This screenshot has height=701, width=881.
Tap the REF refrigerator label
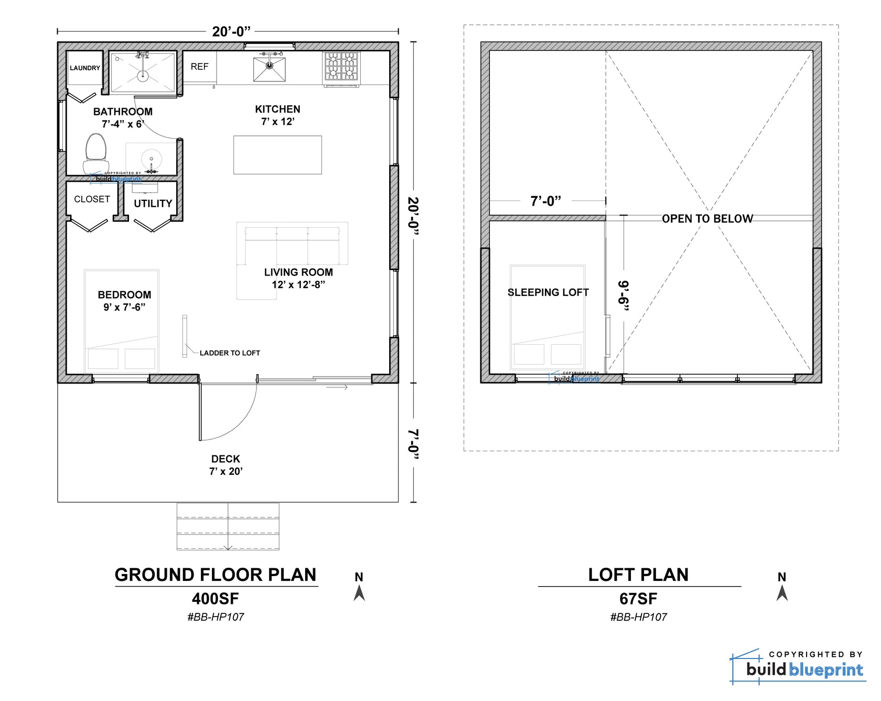pyautogui.click(x=199, y=67)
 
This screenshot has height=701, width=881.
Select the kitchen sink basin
pyautogui.click(x=269, y=69)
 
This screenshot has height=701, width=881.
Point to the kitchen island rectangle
pyautogui.click(x=277, y=155)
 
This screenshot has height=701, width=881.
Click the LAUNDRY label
pyautogui.click(x=84, y=68)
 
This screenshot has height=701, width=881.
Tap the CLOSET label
pyautogui.click(x=92, y=199)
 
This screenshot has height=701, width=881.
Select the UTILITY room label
pyautogui.click(x=153, y=204)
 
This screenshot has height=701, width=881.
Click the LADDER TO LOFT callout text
pyautogui.click(x=230, y=353)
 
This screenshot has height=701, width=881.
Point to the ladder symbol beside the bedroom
pyautogui.click(x=185, y=336)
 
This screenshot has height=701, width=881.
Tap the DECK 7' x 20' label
pyautogui.click(x=225, y=465)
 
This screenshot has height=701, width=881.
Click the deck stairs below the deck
pyautogui.click(x=228, y=526)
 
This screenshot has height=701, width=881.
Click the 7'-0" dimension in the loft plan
pyautogui.click(x=545, y=201)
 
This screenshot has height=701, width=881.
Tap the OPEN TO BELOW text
pyautogui.click(x=707, y=219)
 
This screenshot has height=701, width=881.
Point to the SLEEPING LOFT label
pyautogui.click(x=548, y=292)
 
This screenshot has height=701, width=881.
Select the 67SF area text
pyautogui.click(x=638, y=599)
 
